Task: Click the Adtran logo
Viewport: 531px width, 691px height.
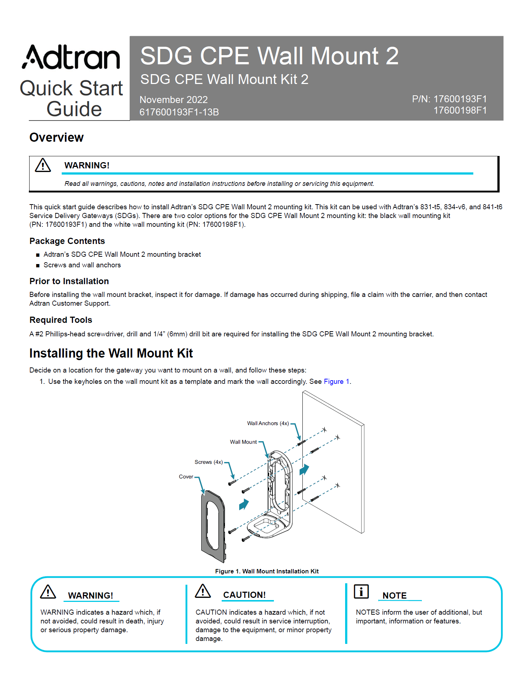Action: click(71, 58)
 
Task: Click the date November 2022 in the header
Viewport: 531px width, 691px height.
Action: click(173, 100)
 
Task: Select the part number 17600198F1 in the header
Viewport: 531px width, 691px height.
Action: click(460, 110)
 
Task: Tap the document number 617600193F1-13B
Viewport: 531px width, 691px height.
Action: click(179, 112)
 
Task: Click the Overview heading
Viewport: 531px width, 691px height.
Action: click(57, 138)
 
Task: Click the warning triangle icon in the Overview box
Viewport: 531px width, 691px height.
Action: click(43, 165)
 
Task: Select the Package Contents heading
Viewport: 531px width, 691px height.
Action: click(67, 241)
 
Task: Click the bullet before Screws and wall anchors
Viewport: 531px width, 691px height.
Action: click(38, 266)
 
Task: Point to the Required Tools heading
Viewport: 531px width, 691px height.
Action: click(61, 320)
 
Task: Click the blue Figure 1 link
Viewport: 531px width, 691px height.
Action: click(336, 382)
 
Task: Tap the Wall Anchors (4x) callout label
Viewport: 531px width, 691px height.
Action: click(268, 423)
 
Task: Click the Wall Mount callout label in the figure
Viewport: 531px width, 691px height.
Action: click(243, 442)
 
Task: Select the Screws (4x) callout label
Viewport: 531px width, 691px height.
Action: click(209, 462)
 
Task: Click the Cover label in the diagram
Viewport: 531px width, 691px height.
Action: click(186, 477)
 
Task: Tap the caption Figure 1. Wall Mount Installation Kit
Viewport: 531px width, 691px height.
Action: click(267, 571)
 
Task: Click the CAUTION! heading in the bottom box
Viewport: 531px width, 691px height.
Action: click(244, 595)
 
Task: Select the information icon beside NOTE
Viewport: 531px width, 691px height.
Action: click(361, 591)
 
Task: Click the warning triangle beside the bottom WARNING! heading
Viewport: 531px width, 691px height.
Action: click(48, 592)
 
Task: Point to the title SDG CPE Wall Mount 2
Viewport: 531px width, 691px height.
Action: click(269, 56)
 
